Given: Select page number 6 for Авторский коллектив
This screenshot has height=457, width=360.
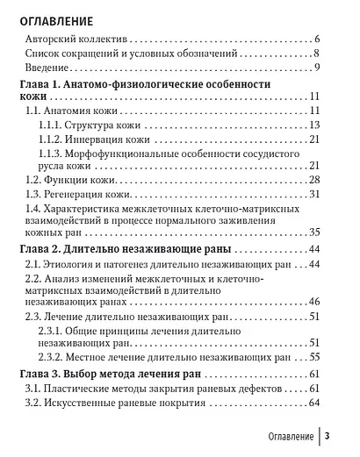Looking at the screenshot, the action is tap(316, 41).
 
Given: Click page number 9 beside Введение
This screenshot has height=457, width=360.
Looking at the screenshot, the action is tap(316, 69).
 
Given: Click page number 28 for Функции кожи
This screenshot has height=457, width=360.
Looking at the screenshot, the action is tap(313, 180).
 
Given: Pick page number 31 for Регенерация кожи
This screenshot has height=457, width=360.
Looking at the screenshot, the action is tap(313, 194).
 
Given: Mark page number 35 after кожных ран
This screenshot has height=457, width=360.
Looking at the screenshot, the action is tap(313, 233).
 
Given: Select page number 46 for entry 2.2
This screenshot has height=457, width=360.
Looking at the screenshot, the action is tap(313, 301).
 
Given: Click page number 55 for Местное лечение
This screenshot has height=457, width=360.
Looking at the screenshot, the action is tap(313, 358).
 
